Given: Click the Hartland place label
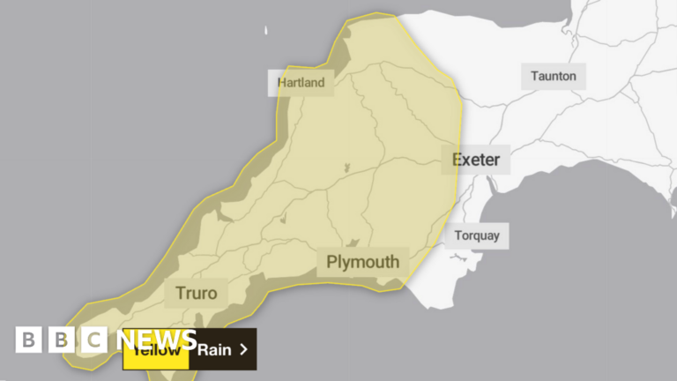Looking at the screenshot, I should tap(301, 83).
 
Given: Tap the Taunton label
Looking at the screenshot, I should tap(554, 76).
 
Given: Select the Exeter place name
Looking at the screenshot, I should tap(475, 160).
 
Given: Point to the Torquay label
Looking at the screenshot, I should tap(476, 235).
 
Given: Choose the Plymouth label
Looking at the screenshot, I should tap(362, 262).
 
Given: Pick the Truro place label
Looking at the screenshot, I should tap(196, 293).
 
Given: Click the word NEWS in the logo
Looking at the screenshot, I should tap(160, 340).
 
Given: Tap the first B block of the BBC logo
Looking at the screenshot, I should tap(28, 340).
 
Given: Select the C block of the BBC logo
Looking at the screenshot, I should tap(93, 340).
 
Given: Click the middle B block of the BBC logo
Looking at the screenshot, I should tap(61, 340).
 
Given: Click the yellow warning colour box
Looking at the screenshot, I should tap(156, 349).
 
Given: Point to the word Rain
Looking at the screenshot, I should tap(214, 349).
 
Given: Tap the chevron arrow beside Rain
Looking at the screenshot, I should tap(244, 349).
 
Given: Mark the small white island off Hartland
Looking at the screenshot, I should tap(264, 32).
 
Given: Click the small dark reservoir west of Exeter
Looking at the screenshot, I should tap(346, 167).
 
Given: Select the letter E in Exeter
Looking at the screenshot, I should tap(457, 160).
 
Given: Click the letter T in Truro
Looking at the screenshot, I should tap(179, 293).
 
